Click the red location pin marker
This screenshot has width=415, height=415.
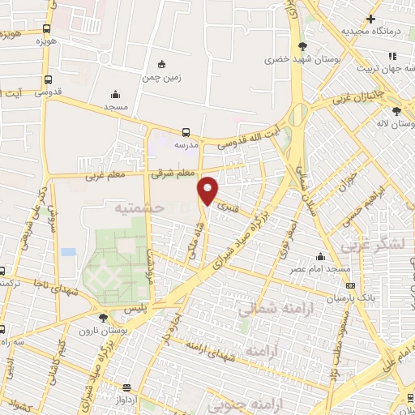[x=208, y=190]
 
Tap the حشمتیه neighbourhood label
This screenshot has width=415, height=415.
[x=142, y=208]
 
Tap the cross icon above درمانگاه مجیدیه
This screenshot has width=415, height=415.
[x=370, y=19]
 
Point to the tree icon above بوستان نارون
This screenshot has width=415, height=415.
[x=103, y=318]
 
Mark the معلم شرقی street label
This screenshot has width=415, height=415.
[x=173, y=173]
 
